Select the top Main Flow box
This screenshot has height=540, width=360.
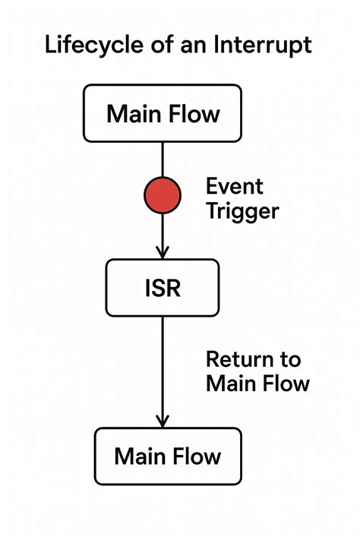point(163,114)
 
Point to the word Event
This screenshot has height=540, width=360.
point(235,186)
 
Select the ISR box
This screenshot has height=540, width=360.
point(163,288)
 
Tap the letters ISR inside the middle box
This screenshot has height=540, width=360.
point(163,289)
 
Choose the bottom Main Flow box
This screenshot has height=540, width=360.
point(167,456)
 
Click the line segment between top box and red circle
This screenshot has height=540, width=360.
point(163,159)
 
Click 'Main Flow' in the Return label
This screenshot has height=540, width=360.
point(257,383)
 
